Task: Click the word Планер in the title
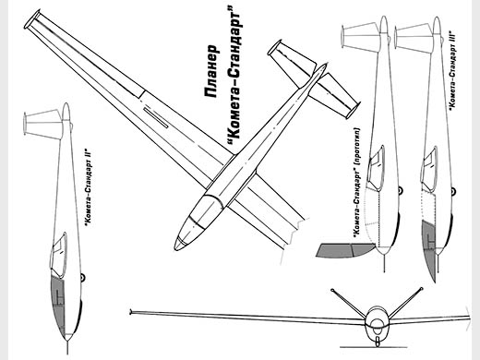211,71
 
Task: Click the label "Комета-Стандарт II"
90,188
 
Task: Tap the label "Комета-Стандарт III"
452,69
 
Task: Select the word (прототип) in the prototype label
357,144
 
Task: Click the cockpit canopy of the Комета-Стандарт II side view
59,256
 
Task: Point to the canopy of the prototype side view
376,168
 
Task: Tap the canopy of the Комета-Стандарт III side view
429,170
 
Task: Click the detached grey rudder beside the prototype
346,250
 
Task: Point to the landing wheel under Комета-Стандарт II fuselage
82,278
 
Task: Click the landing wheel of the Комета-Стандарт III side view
453,192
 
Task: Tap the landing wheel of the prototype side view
400,191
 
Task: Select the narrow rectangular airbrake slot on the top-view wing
155,118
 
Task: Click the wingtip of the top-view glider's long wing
32,19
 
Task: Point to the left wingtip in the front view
131,312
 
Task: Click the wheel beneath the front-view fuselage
378,341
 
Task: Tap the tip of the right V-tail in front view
421,289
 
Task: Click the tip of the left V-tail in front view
332,290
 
